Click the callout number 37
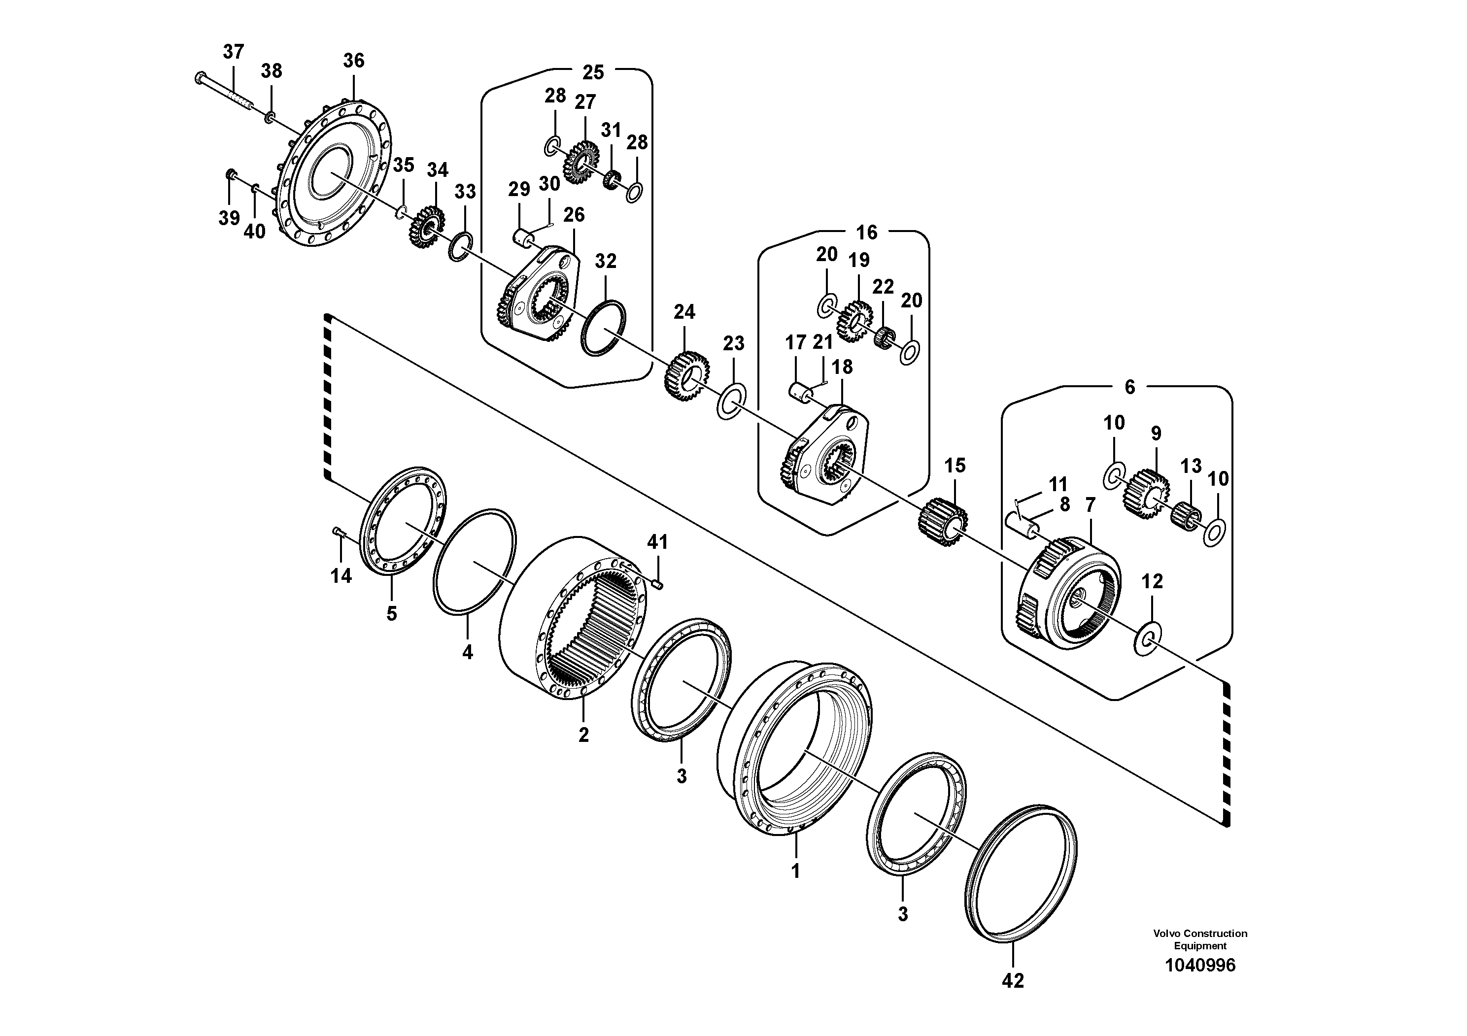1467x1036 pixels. (233, 52)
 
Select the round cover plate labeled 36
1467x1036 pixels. (336, 172)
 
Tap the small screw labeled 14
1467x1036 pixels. (338, 532)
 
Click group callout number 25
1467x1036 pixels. (592, 72)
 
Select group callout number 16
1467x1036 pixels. (866, 233)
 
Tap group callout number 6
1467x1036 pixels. (1129, 387)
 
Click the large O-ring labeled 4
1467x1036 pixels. (474, 562)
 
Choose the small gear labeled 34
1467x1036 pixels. (426, 227)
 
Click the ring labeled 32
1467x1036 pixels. (603, 328)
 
